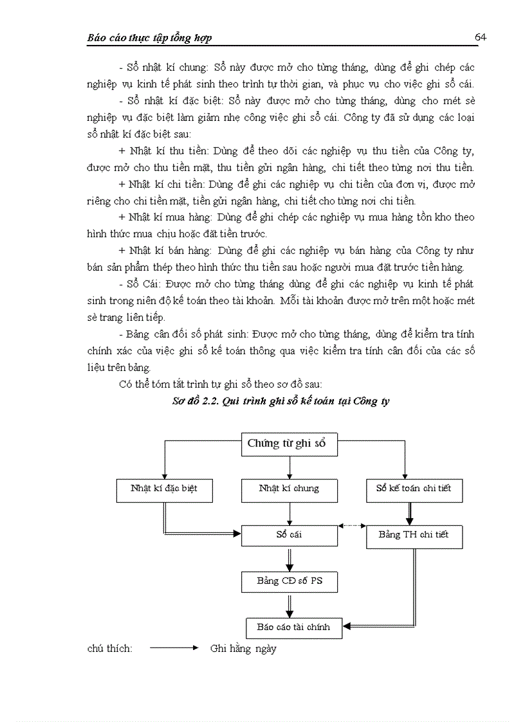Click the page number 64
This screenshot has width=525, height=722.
point(480,37)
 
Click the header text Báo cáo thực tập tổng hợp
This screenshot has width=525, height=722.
point(149,38)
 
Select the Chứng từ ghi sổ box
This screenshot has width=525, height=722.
point(289,444)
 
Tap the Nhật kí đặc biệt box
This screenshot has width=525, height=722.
point(163,489)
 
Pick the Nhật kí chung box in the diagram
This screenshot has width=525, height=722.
point(289,489)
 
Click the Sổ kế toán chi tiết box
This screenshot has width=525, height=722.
point(414,489)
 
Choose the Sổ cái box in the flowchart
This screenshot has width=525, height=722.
point(289,535)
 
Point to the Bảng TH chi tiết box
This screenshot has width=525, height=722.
point(414,536)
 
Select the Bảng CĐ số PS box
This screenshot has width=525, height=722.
point(289,581)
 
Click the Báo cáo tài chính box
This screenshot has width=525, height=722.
point(293,627)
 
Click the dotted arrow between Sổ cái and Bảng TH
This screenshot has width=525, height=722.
point(352,526)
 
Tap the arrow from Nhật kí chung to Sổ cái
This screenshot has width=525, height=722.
point(290,513)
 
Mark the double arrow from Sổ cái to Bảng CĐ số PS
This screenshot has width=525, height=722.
point(290,558)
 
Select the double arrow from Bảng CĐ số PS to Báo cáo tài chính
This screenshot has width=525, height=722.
point(290,604)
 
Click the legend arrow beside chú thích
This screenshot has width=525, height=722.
point(174,649)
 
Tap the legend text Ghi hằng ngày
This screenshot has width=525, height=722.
point(243,649)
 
